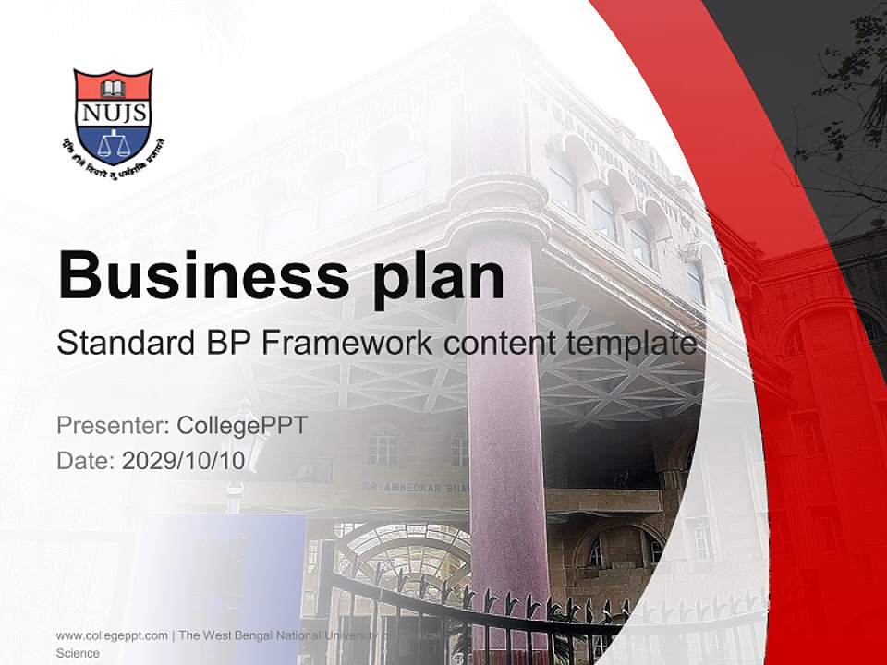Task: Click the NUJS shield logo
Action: tap(113, 116)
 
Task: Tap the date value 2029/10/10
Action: tap(184, 461)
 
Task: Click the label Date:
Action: tap(86, 461)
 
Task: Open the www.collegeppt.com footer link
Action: tap(112, 635)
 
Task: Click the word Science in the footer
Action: tap(78, 653)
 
